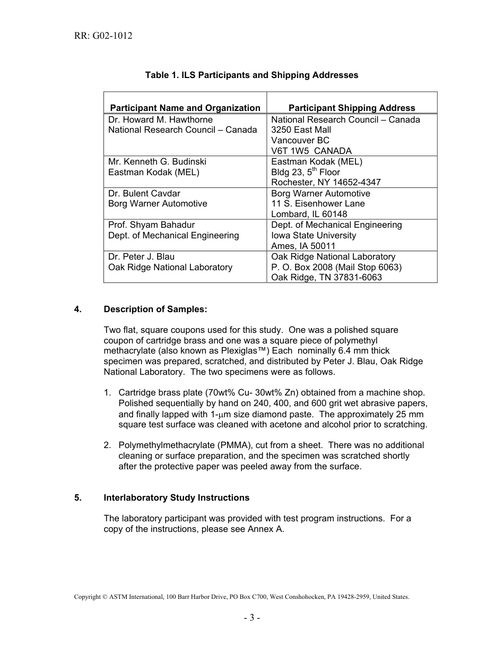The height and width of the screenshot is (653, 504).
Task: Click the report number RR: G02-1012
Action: pos(103,36)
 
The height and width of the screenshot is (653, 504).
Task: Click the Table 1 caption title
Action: pos(251,75)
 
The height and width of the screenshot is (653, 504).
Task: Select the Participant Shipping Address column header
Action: pos(352,108)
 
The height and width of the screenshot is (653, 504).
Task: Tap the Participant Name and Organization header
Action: pos(185,108)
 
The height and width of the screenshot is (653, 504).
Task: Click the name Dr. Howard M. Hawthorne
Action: pos(160,119)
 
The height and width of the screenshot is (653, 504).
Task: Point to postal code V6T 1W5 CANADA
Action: pos(311,151)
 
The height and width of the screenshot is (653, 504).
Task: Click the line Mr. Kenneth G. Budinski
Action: pos(157,161)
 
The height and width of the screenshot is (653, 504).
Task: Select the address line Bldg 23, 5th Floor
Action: pos(305,172)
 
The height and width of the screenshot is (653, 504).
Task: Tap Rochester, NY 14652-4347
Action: pos(326,182)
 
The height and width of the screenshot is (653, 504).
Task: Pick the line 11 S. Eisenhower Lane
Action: pos(318,203)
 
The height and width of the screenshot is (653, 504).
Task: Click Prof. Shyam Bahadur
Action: pos(151,225)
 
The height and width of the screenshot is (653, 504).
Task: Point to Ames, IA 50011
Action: pos(303,246)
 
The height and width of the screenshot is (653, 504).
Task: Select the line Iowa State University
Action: pos(314,235)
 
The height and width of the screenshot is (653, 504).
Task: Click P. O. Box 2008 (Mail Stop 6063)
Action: pos(336,267)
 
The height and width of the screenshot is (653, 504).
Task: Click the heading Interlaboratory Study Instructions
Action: pos(177,497)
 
